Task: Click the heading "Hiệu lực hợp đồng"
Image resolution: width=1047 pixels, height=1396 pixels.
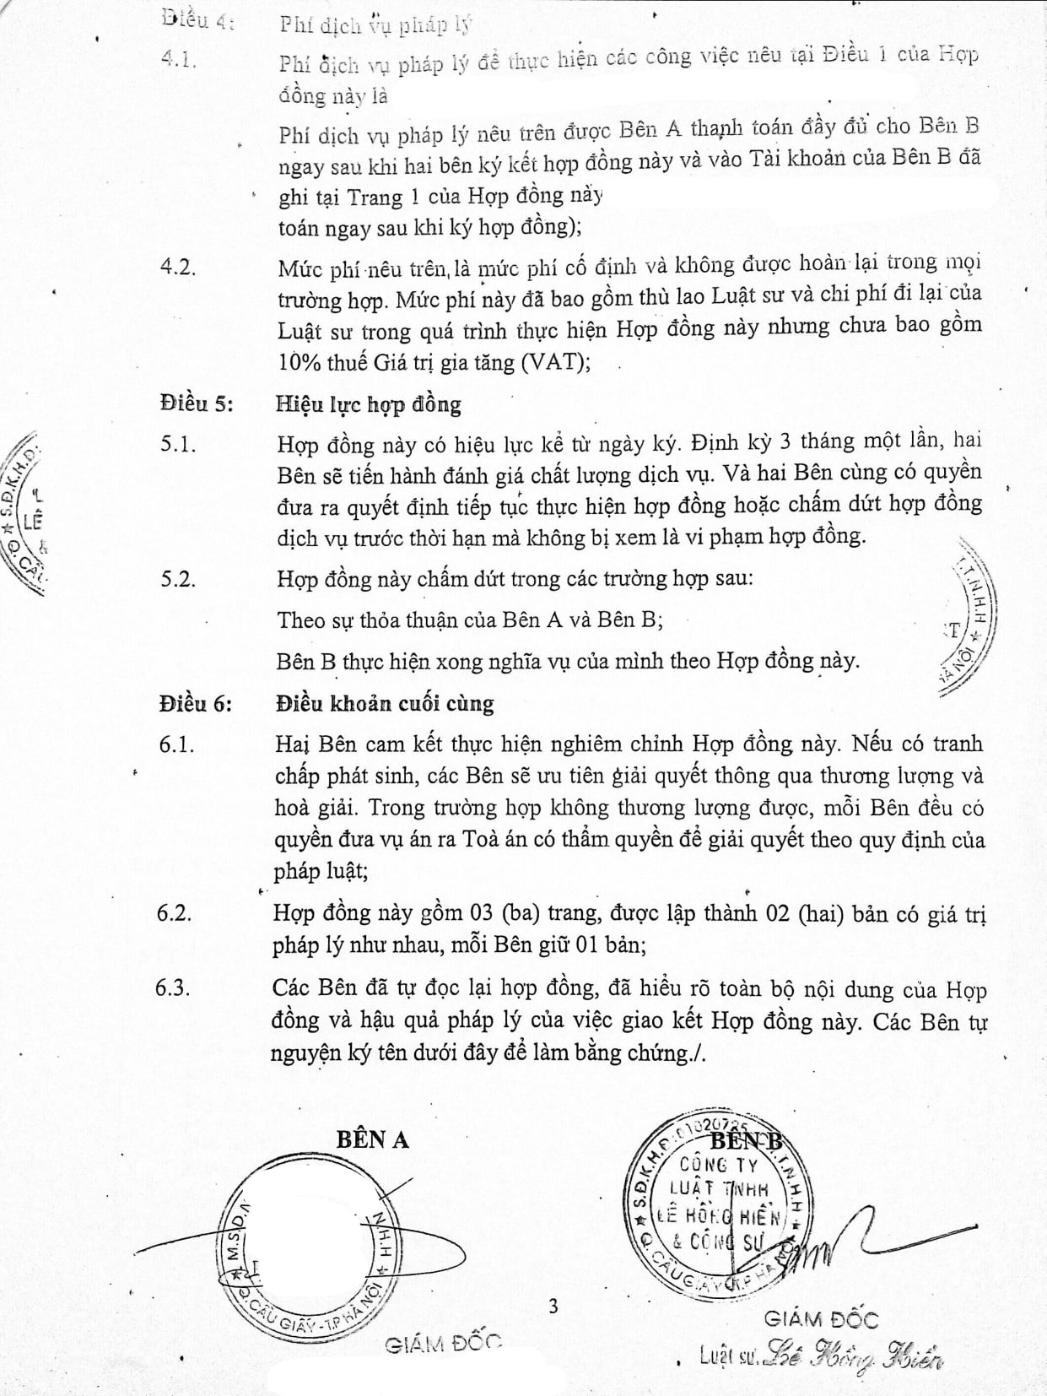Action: tap(369, 404)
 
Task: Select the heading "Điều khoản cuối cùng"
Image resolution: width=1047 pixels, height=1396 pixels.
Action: tap(385, 703)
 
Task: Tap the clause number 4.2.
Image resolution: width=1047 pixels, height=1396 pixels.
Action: tap(177, 267)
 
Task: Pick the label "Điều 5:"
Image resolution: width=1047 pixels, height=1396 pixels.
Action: tap(194, 404)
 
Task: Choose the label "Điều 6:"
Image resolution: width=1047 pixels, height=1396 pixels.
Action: tap(194, 703)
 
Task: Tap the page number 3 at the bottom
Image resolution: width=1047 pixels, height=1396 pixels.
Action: tap(553, 1307)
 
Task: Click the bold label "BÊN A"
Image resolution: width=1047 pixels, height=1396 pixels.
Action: tap(372, 1139)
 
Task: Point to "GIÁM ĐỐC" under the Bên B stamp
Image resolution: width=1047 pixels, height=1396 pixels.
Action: tap(821, 1318)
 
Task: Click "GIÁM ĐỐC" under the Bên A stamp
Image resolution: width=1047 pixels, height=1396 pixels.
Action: tap(443, 1345)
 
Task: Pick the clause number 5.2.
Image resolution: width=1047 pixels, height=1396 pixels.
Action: tap(177, 579)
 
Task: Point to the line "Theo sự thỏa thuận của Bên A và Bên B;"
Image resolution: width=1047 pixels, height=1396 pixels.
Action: tap(470, 620)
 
